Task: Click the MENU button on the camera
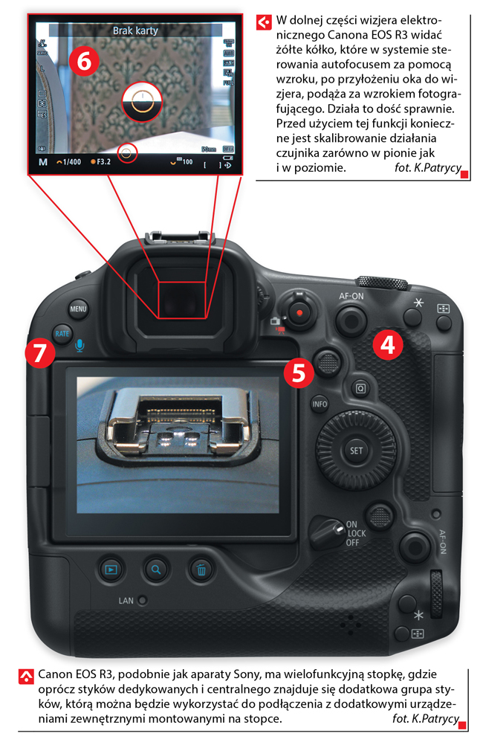78,309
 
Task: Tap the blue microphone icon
80,346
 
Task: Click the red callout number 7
39,352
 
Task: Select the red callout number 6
84,61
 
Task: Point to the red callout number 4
388,345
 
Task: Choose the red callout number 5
299,372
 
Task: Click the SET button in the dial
356,451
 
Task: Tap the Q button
360,389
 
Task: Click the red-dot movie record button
299,312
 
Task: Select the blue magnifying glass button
155,570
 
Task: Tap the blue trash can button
201,570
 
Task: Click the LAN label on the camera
126,601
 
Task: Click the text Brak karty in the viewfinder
135,30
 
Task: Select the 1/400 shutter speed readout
69,162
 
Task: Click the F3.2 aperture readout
101,162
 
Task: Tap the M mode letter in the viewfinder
43,162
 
